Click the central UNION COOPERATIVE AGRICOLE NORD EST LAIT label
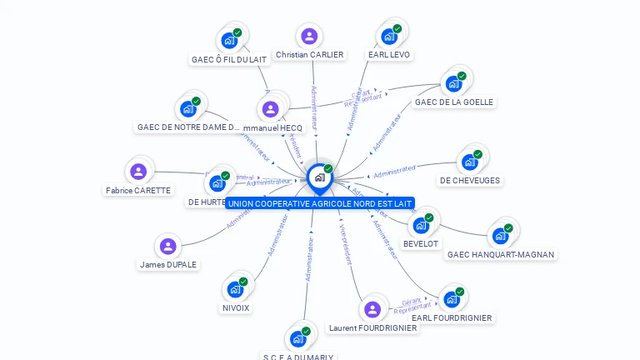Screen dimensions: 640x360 [320, 203]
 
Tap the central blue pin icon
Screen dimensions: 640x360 [319, 177]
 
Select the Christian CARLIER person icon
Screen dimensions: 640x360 [309, 37]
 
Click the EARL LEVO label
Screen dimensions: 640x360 [389, 55]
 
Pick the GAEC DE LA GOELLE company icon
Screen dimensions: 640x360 [453, 83]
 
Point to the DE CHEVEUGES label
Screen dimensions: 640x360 [470, 181]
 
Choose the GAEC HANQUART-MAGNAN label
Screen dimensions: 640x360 [500, 255]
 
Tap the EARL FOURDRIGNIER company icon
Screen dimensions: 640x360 [452, 299]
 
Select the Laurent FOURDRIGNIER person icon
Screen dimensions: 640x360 [372, 309]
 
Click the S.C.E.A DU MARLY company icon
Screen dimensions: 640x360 [297, 339]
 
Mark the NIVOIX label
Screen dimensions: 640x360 [236, 307]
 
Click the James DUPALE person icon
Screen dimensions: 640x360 [168, 247]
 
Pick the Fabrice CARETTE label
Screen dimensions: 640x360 [138, 190]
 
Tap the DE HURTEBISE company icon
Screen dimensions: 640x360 [217, 183]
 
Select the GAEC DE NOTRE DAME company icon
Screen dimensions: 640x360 [188, 109]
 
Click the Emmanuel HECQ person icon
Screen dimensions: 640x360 [270, 109]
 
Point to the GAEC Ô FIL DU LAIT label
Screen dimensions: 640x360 [229, 60]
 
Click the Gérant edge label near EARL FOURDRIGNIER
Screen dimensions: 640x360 [411, 301]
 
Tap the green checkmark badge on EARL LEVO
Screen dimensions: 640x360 [397, 29]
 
